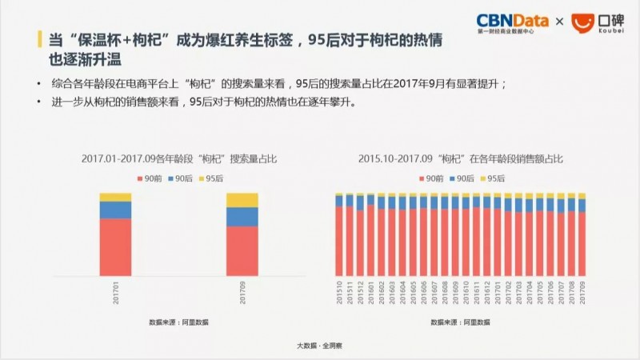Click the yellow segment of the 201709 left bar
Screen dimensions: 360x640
point(242,200)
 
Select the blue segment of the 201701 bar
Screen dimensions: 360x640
point(115,210)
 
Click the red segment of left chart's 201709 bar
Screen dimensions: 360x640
point(242,251)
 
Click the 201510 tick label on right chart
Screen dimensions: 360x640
point(339,292)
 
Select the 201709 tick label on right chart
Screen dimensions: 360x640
point(582,292)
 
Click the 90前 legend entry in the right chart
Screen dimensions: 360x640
point(430,177)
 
